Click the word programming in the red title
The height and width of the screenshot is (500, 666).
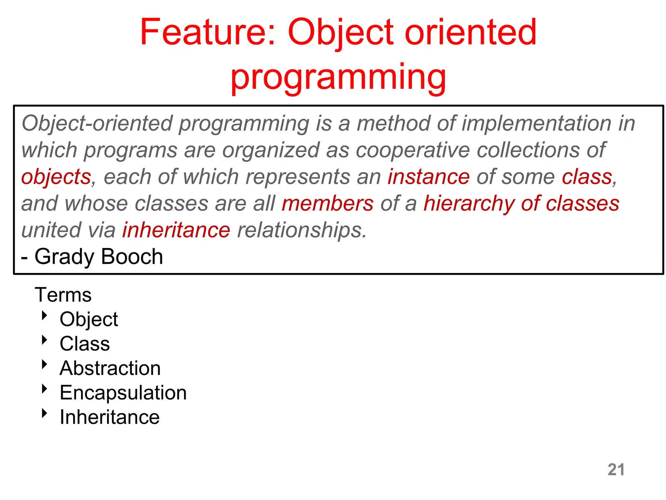(x=338, y=77)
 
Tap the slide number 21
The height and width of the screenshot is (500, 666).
(x=616, y=469)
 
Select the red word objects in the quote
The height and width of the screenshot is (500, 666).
(x=56, y=177)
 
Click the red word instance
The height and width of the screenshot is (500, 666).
(x=428, y=177)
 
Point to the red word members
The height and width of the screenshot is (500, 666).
(x=327, y=204)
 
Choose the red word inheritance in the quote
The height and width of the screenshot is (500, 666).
(x=176, y=230)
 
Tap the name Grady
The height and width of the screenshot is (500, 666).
(x=64, y=257)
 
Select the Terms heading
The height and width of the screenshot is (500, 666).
(x=63, y=295)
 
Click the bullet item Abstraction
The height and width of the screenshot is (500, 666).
(x=110, y=368)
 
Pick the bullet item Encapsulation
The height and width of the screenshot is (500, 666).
(x=123, y=393)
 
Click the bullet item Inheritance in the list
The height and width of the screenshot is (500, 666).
(x=110, y=417)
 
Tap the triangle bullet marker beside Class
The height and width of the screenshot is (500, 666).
(x=45, y=340)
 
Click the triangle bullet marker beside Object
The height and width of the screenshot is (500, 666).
(x=45, y=315)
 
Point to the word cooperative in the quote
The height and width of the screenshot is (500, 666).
(x=413, y=150)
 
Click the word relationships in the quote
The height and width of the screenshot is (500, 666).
(x=301, y=230)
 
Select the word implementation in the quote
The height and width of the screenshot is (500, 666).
(x=537, y=124)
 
